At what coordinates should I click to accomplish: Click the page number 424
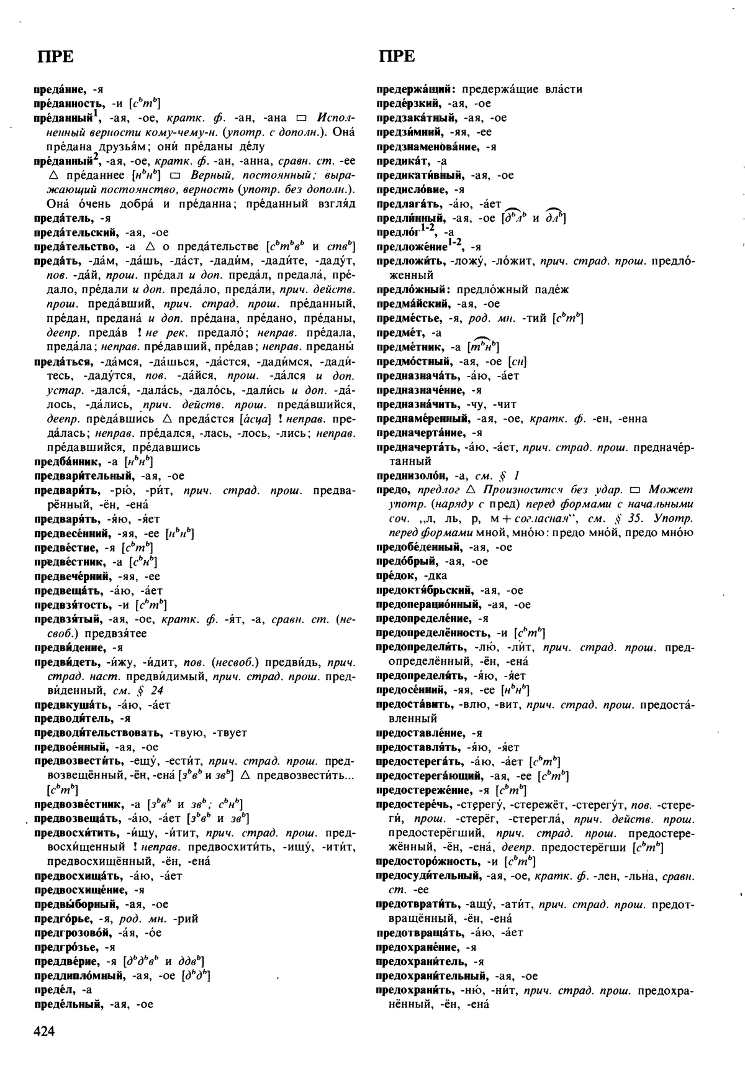pyautogui.click(x=45, y=1032)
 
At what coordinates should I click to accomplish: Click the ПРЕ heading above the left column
pyautogui.click(x=55, y=57)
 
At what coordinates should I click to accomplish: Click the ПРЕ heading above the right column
pyautogui.click(x=397, y=57)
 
